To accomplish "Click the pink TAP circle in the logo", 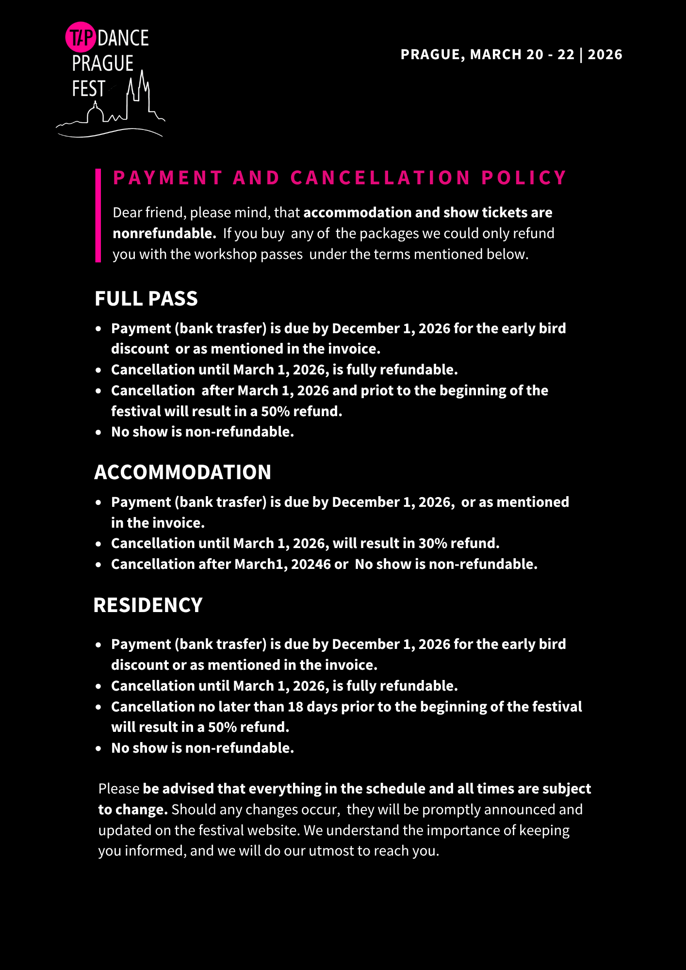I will [x=80, y=37].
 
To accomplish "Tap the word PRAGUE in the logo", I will [x=103, y=64].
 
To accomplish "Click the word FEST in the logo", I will [x=89, y=89].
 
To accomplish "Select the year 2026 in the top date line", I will [x=605, y=54].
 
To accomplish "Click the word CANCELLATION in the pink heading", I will [x=380, y=178].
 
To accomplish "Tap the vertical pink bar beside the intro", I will [x=98, y=215].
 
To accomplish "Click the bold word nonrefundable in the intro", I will [x=164, y=233].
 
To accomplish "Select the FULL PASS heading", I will [x=146, y=299].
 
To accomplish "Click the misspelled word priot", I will [x=374, y=390].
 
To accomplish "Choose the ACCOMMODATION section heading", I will [x=182, y=472].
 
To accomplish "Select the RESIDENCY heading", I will [x=147, y=605].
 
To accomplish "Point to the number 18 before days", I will [x=295, y=707].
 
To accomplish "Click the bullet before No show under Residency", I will [x=98, y=748].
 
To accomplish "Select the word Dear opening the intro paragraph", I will [x=128, y=212].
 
